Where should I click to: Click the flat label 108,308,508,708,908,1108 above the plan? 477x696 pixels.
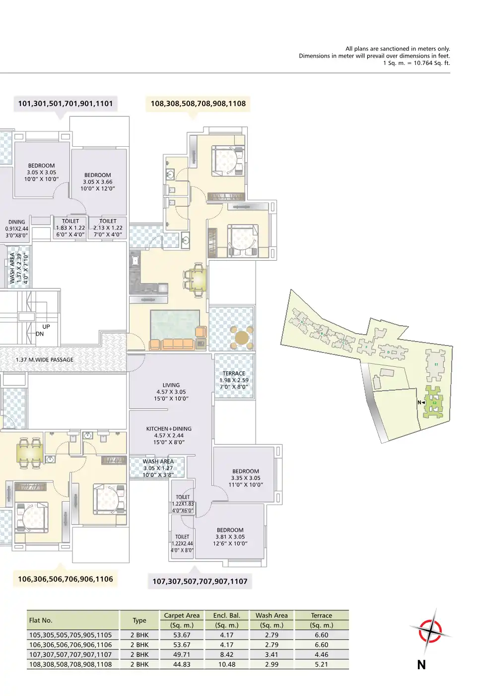[198, 104]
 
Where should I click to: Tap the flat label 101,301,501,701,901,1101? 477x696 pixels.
[66, 104]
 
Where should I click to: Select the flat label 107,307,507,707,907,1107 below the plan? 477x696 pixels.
[200, 581]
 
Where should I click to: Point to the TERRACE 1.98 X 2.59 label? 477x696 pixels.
[234, 380]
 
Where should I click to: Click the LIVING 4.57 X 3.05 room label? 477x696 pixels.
[171, 392]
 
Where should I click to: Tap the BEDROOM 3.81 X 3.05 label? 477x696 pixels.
[230, 537]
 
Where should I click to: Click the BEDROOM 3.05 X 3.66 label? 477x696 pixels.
[97, 182]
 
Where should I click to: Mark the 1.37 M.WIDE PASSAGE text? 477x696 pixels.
[45, 360]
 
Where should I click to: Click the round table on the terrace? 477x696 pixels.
[242, 338]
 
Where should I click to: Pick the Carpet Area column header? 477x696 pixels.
[182, 615]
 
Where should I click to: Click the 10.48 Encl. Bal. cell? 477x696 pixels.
[227, 664]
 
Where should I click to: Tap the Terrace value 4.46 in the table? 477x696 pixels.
[321, 654]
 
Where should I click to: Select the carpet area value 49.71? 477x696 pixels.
[182, 654]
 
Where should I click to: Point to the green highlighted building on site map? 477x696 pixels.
[434, 402]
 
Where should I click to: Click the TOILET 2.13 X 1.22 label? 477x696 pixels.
[108, 228]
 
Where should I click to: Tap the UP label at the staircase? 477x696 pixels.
[46, 327]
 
